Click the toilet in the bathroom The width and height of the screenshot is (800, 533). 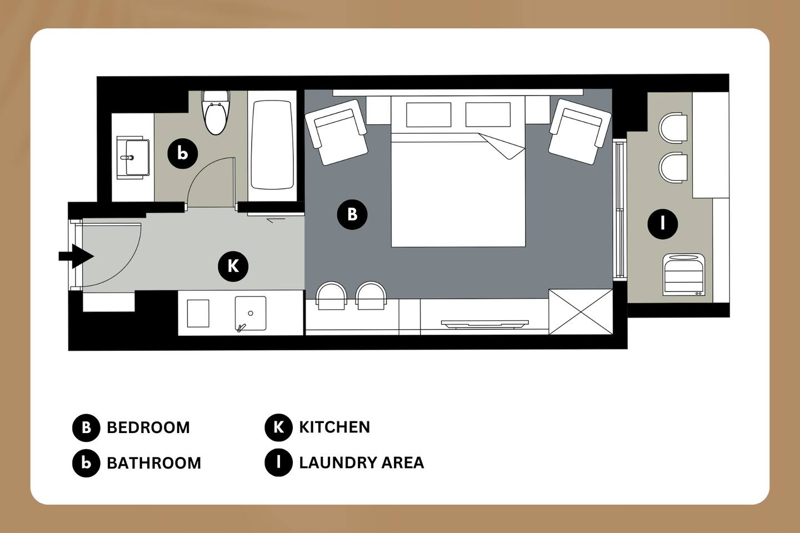(216, 113)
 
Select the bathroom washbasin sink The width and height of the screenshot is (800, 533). (133, 158)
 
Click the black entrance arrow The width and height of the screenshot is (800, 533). (76, 256)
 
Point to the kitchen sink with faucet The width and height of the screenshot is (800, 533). (251, 314)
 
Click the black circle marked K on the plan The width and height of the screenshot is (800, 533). (233, 266)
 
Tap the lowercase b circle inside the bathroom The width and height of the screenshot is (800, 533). (182, 153)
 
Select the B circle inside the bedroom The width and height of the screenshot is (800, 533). (352, 214)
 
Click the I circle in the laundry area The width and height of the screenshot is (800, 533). (662, 224)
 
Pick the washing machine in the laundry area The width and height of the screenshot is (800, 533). (684, 274)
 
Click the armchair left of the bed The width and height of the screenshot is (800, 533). (336, 132)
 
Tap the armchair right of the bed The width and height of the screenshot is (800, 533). (579, 132)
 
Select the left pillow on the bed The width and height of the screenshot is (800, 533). (428, 114)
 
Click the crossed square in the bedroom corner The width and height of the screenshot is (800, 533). (581, 312)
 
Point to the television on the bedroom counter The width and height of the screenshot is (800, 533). (484, 324)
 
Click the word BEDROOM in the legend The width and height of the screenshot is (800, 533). (148, 428)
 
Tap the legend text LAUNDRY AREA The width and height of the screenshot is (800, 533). (362, 462)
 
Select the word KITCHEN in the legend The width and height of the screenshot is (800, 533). (334, 427)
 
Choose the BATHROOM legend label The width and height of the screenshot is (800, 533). (154, 463)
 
